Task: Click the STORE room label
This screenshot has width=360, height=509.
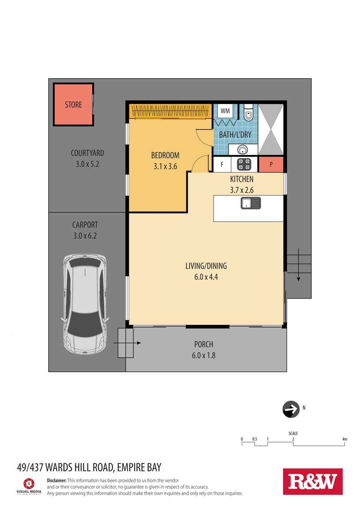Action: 74,104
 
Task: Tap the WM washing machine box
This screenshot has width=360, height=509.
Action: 225,111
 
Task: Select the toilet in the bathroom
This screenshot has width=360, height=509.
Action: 248,112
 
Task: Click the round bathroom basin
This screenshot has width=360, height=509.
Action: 243,150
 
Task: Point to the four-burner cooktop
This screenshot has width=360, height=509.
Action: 244,164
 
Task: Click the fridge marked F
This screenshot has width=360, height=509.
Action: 222,165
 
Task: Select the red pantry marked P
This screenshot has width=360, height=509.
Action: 271,164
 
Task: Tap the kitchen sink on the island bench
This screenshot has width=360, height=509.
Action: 251,203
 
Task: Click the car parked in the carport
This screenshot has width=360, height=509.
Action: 85,304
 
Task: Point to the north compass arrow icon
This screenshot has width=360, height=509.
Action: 291,409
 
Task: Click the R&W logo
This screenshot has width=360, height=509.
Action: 313,482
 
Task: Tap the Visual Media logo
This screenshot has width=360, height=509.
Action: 29,486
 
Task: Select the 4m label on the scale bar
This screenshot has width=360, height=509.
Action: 345,439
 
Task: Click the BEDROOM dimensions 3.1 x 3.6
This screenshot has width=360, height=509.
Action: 165,166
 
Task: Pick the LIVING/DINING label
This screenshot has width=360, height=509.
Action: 206,266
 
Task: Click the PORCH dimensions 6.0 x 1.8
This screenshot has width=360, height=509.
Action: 204,355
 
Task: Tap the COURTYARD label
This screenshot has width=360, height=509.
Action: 87,153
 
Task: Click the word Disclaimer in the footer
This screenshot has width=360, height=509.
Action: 57,480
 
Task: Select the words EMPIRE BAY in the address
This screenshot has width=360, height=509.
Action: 139,467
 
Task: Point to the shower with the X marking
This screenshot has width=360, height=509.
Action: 271,130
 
